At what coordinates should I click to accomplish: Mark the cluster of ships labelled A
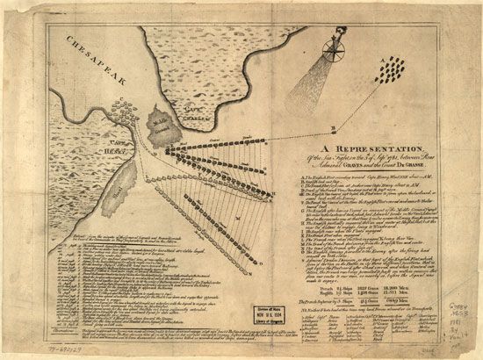pos(393,73)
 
